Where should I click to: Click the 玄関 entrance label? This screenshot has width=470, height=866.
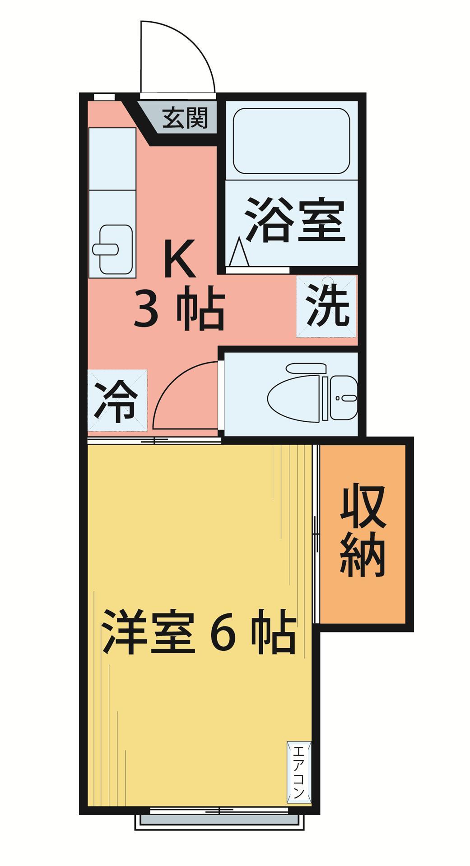185,119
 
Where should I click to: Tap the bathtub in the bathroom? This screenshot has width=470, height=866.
291,141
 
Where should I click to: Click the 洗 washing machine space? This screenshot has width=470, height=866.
326,306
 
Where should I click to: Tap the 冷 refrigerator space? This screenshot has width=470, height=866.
116,400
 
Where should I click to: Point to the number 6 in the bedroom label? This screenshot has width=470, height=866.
223,632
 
